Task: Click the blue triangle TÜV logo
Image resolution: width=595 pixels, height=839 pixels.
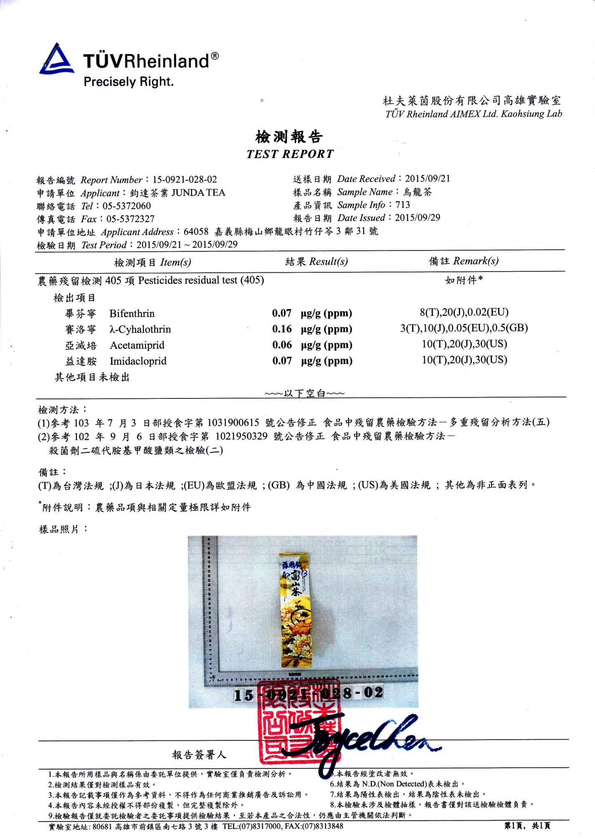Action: (57, 60)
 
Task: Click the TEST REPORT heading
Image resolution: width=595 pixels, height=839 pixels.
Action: (290, 154)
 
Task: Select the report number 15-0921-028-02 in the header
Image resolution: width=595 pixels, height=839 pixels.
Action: (185, 180)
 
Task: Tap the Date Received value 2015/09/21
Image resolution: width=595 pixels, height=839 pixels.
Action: (428, 179)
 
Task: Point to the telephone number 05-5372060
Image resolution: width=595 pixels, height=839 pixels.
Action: (127, 206)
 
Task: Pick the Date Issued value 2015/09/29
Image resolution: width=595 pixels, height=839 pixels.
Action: (418, 218)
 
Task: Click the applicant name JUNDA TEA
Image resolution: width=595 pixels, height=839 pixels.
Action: (198, 193)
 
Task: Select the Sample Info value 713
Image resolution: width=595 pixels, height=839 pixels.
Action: (403, 205)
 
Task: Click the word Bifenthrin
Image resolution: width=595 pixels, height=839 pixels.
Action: (132, 314)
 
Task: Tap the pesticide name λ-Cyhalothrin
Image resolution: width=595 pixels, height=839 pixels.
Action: (140, 330)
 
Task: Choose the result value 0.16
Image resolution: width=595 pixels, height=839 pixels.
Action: (282, 329)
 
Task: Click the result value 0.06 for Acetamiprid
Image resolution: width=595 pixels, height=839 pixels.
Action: (282, 345)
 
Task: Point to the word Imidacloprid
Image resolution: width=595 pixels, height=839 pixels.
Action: (138, 361)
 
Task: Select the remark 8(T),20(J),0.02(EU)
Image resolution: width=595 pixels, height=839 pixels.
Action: (464, 312)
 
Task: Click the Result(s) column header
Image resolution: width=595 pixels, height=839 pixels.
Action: (316, 262)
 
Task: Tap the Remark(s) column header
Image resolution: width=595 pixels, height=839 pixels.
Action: (463, 261)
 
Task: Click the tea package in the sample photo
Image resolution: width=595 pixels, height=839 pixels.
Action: (296, 610)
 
